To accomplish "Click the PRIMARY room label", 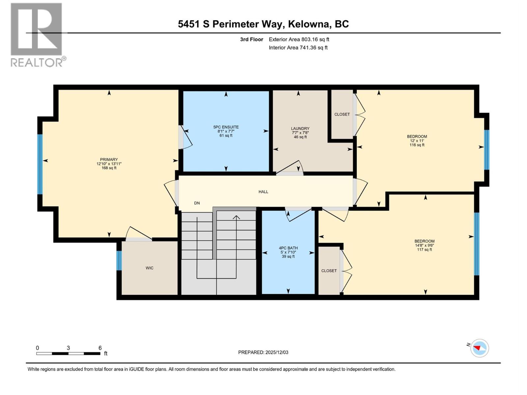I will (109, 160).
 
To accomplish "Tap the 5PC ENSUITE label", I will (226, 127).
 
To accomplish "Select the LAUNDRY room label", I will (300, 129).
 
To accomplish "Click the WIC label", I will (150, 268).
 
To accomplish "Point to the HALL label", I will (263, 192).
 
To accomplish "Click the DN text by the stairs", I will (197, 203).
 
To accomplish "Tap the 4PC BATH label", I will (288, 248).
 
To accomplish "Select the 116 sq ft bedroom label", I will (417, 145).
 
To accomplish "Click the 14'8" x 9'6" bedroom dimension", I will (424, 245).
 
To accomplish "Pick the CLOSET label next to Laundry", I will (342, 114).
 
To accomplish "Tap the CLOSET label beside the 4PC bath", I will (329, 271).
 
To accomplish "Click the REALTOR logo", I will (37, 35).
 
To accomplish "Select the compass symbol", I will (479, 348).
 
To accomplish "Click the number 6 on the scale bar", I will (100, 348).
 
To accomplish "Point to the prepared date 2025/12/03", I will (276, 352).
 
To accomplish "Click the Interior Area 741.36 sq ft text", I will (298, 47).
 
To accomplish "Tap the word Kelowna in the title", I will (309, 24).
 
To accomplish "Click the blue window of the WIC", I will (119, 261).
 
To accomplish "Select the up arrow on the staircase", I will (236, 217).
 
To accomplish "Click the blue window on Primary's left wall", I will (40, 164).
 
